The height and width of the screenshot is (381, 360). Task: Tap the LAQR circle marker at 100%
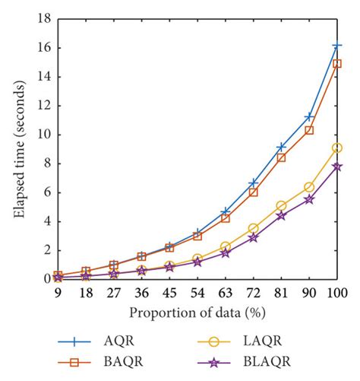(337, 148)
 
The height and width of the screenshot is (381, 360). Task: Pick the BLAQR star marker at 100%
(337, 167)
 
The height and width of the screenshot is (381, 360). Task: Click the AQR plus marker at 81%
(281, 147)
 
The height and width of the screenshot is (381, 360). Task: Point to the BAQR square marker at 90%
(309, 130)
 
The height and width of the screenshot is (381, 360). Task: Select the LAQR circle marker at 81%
(281, 205)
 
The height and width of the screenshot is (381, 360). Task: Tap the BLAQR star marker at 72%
(253, 237)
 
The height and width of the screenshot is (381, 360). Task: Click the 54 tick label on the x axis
(197, 294)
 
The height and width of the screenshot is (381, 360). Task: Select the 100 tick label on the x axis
(337, 294)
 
